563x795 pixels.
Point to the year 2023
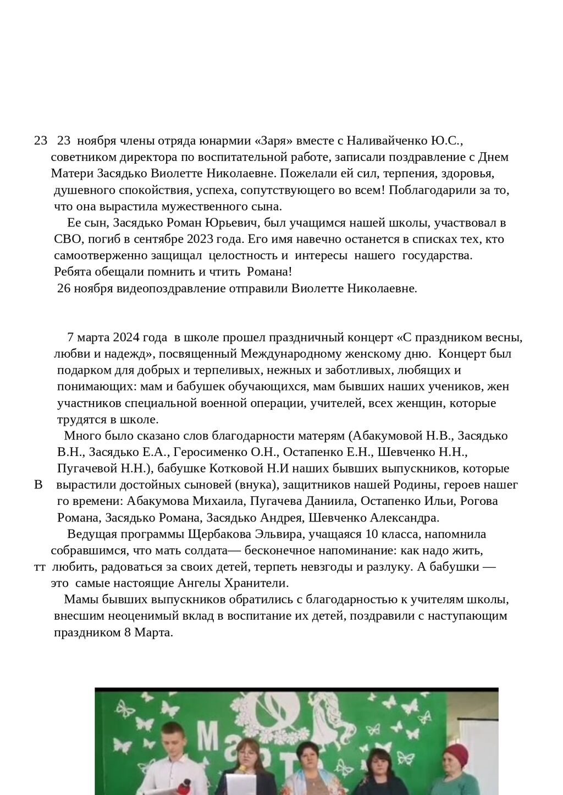[x=202, y=240]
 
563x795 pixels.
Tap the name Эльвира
[x=278, y=534]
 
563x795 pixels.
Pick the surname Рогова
[x=478, y=501]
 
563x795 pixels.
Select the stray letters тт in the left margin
[x=40, y=567]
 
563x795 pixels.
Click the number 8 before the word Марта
[x=127, y=633]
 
